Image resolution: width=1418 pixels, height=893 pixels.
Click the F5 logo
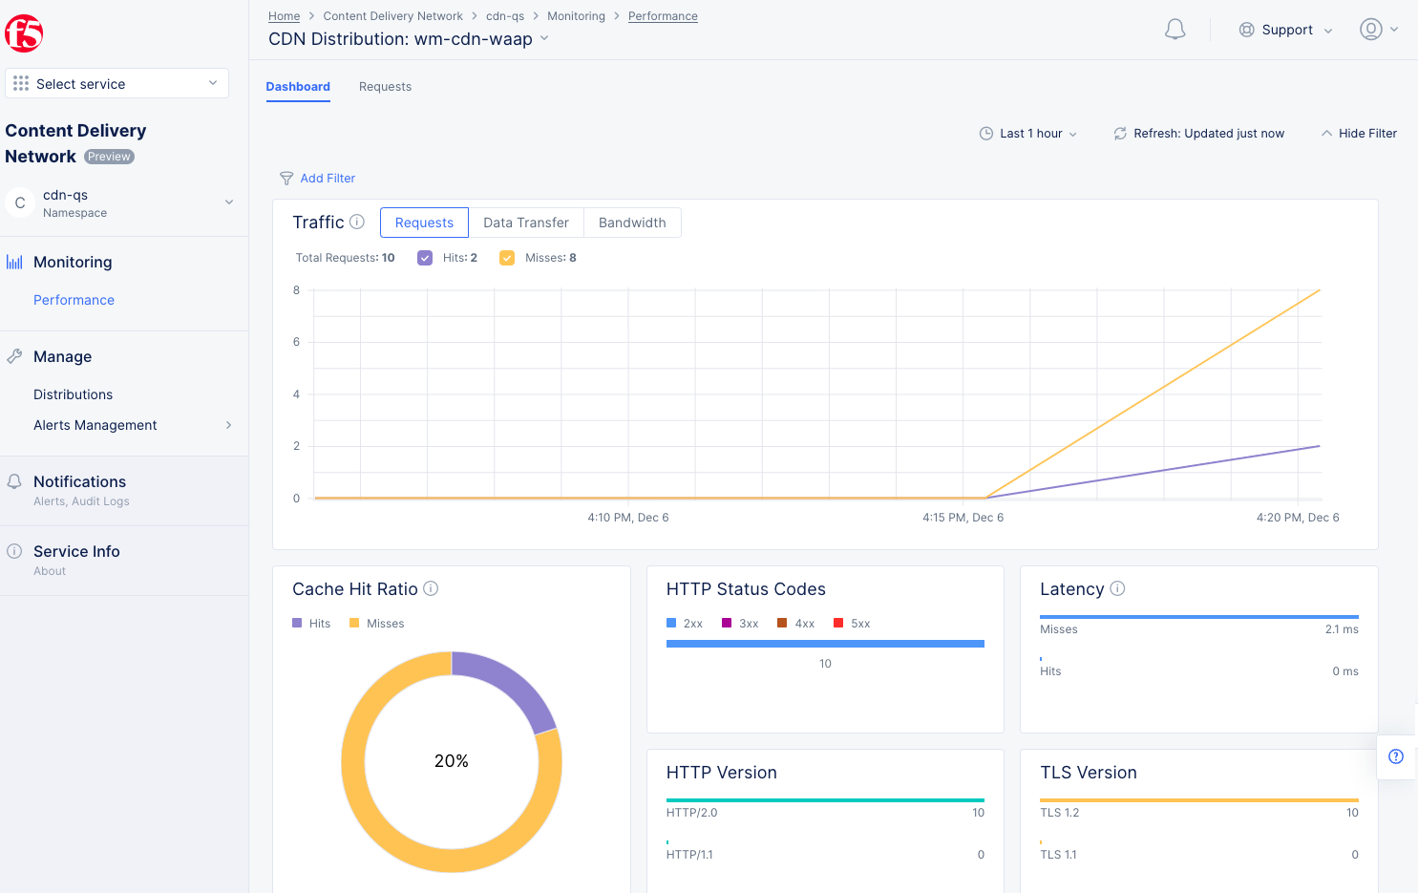(24, 33)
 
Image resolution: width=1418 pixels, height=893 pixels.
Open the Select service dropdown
(116, 84)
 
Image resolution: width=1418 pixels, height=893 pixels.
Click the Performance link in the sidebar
(74, 300)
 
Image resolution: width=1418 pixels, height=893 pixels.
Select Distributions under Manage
(73, 394)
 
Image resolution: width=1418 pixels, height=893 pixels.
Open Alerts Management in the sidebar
(95, 425)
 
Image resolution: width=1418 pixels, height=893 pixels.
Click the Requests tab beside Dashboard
(385, 87)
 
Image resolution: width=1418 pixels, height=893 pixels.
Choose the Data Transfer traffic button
(525, 223)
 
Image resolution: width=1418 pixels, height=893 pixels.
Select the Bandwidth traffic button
(632, 223)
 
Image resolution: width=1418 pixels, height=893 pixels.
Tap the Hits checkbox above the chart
(425, 258)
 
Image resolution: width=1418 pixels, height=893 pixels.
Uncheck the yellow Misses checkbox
(507, 258)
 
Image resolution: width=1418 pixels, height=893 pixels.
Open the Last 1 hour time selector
(1028, 134)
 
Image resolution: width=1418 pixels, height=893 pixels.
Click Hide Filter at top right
(1359, 134)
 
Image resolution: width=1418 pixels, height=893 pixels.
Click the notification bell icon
(1175, 30)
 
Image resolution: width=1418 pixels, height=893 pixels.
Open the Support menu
(1285, 30)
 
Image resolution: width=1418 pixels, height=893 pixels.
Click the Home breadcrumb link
(284, 16)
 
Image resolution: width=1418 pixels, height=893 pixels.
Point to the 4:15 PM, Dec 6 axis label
(963, 518)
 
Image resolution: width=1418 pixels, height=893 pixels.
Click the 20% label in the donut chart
(451, 761)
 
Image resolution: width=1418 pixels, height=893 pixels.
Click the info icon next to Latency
(1117, 589)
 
